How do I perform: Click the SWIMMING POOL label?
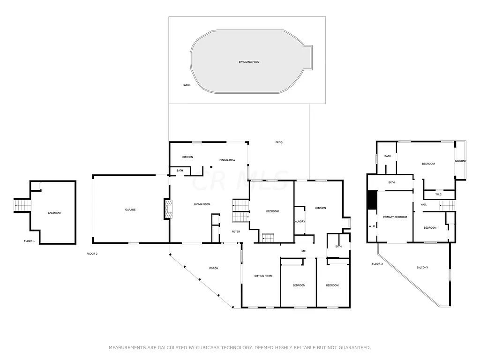(248, 62)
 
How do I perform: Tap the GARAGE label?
(130, 210)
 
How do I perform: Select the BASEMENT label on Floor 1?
(54, 213)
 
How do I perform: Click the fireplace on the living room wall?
(167, 209)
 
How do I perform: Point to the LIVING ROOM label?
(202, 204)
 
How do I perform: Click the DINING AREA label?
(227, 160)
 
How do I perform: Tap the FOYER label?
(236, 231)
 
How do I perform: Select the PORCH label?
(213, 268)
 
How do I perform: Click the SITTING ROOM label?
(263, 276)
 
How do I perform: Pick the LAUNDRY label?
(300, 222)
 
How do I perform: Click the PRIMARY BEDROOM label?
(395, 217)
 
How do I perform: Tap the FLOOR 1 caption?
(30, 241)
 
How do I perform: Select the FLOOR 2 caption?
(92, 254)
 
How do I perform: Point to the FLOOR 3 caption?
(377, 264)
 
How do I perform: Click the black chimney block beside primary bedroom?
(372, 200)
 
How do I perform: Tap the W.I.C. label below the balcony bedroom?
(439, 194)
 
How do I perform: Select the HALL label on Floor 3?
(423, 204)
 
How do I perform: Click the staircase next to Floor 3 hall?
(447, 205)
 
